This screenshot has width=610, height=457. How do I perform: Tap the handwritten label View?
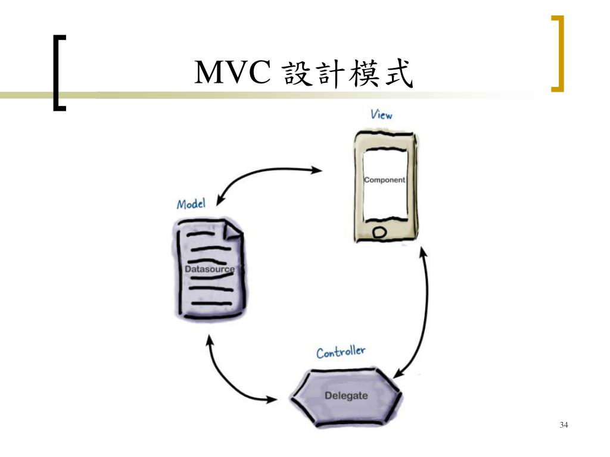[381, 114]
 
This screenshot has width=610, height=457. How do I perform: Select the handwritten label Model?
[191, 204]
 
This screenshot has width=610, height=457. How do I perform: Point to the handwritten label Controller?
[341, 352]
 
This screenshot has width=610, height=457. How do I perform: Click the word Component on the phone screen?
[384, 180]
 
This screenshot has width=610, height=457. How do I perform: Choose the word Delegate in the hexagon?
[346, 396]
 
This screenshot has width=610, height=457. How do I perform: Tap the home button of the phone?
[379, 232]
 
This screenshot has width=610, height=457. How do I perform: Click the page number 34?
[564, 425]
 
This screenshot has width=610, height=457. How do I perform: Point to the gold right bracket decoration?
[558, 54]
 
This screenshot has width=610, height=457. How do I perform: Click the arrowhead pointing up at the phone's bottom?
[423, 252]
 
